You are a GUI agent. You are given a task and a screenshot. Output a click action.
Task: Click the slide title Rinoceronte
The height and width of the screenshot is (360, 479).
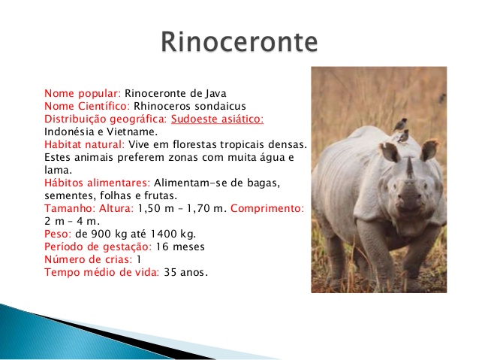point(239,41)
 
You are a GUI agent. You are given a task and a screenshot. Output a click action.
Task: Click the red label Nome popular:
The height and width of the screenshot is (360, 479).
point(83,93)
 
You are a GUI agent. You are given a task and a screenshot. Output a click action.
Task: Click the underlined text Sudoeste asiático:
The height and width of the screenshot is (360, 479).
point(217,119)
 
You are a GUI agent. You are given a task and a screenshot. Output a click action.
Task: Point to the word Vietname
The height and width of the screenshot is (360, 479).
point(132,132)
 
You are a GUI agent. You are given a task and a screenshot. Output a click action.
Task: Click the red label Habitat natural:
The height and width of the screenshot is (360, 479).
point(85,144)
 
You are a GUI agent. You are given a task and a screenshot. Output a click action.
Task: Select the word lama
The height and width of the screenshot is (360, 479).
point(58,170)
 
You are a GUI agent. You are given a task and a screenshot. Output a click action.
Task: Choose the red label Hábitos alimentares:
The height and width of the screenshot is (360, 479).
point(98,183)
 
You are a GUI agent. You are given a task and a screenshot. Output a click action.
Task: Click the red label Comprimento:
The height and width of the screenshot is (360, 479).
point(267,209)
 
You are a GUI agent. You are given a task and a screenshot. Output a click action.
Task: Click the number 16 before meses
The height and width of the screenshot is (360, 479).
point(162,247)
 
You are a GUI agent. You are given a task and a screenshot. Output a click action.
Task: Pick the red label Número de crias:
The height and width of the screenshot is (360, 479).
point(89,259)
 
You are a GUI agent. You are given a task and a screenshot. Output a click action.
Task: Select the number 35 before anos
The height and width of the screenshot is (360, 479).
point(170,272)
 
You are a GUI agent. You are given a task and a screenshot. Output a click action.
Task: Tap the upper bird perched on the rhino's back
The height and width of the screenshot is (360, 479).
point(399,125)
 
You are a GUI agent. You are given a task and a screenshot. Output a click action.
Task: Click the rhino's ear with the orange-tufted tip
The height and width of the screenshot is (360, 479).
point(429,150)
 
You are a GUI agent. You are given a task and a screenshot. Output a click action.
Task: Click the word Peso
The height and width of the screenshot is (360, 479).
point(57,234)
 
